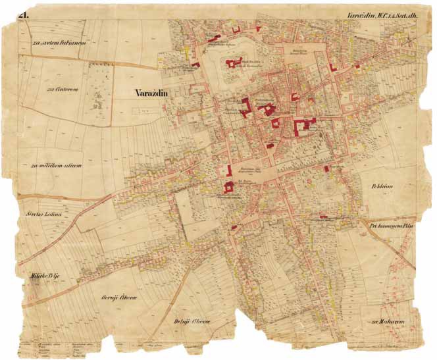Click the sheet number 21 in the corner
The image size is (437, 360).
pyautogui.click(x=24, y=14)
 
